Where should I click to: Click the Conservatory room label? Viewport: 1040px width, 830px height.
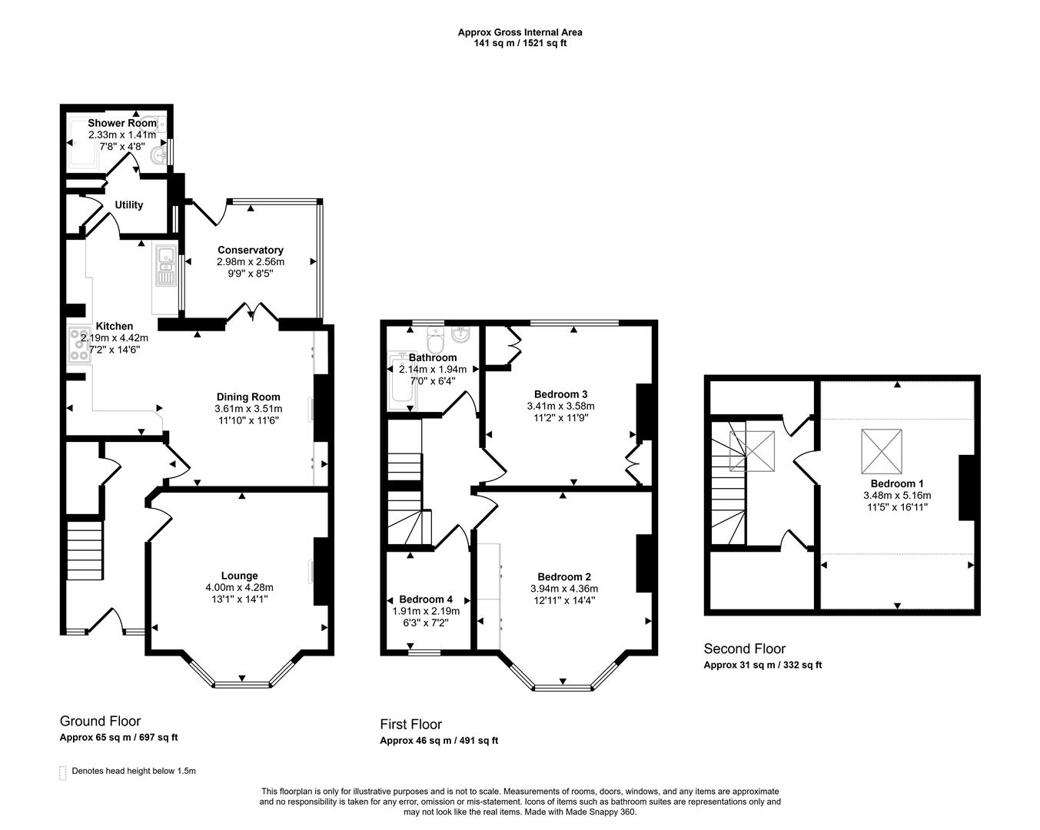coord(250,250)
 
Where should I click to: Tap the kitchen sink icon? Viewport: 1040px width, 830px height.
coord(164,266)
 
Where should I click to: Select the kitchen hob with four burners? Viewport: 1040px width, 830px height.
coord(78,345)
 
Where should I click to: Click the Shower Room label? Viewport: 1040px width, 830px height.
coord(122,123)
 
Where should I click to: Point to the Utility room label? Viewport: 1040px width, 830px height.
coord(128,205)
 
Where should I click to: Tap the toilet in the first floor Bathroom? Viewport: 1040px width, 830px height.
coord(435,339)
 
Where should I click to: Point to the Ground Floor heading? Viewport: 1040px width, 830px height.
coord(100,721)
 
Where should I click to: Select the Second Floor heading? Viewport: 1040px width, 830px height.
coord(744,649)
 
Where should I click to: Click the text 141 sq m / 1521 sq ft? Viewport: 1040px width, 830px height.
coord(520,43)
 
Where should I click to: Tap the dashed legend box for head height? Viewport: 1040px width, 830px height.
coord(63,772)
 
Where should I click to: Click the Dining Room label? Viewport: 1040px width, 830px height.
coord(248,397)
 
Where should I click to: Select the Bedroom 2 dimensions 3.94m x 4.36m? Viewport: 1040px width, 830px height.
coord(564,589)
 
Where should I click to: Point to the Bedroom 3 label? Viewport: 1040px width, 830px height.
coord(560,394)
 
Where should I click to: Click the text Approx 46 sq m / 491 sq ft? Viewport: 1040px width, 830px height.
coord(438,741)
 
